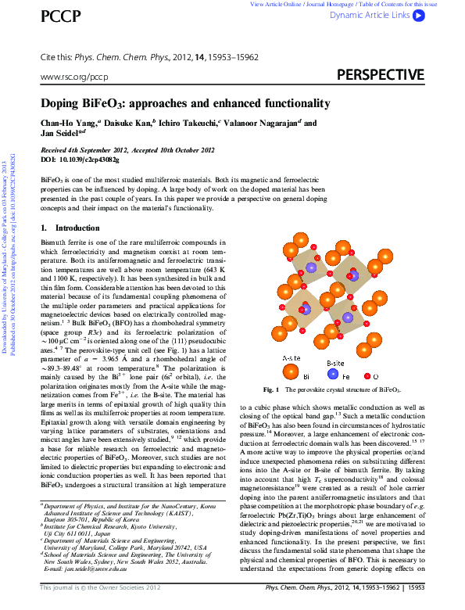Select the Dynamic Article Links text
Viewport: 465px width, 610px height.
click(x=369, y=15)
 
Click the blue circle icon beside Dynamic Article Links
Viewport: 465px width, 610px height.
click(x=418, y=15)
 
